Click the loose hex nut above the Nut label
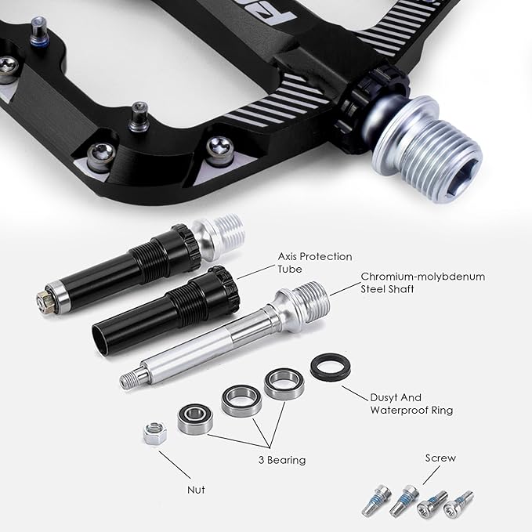[x=154, y=433]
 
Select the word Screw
[x=440, y=458]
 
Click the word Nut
[x=196, y=490]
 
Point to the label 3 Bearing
[x=282, y=460]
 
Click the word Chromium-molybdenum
[x=423, y=277]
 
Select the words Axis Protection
[x=315, y=256]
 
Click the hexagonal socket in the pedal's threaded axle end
[x=461, y=176]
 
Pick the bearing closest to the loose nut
[x=195, y=419]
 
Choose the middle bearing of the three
[x=241, y=400]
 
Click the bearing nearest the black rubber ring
[x=284, y=384]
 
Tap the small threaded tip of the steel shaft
[x=129, y=379]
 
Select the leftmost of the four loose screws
[x=376, y=500]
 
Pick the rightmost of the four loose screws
[x=458, y=504]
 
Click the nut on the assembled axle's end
[x=45, y=301]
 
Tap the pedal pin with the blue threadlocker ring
[x=39, y=32]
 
